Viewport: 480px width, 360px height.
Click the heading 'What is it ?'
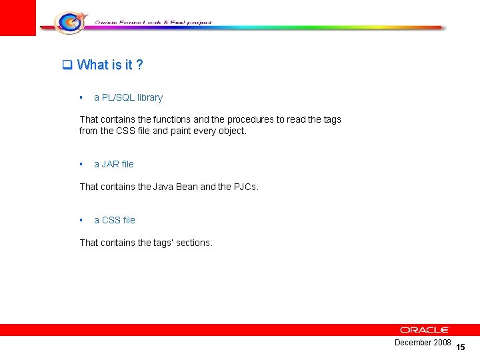[110, 65]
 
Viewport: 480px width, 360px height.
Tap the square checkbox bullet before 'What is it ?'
[67, 65]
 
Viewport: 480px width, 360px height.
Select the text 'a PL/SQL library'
[128, 97]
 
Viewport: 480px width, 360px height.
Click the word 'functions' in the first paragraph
[171, 119]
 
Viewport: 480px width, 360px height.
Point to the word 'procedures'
[251, 119]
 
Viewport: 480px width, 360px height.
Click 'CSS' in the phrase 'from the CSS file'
[127, 131]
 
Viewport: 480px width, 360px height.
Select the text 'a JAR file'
[113, 164]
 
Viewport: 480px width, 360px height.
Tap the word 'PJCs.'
[246, 187]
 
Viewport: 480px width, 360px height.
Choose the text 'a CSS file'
[114, 220]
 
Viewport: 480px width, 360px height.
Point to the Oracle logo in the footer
[425, 330]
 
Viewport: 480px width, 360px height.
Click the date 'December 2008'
[423, 343]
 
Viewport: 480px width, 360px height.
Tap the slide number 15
[461, 347]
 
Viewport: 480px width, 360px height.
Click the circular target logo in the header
[69, 23]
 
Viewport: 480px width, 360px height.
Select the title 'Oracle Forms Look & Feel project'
[153, 22]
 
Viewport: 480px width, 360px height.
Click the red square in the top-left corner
[17, 17]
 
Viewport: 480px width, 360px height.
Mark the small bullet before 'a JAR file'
[81, 164]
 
